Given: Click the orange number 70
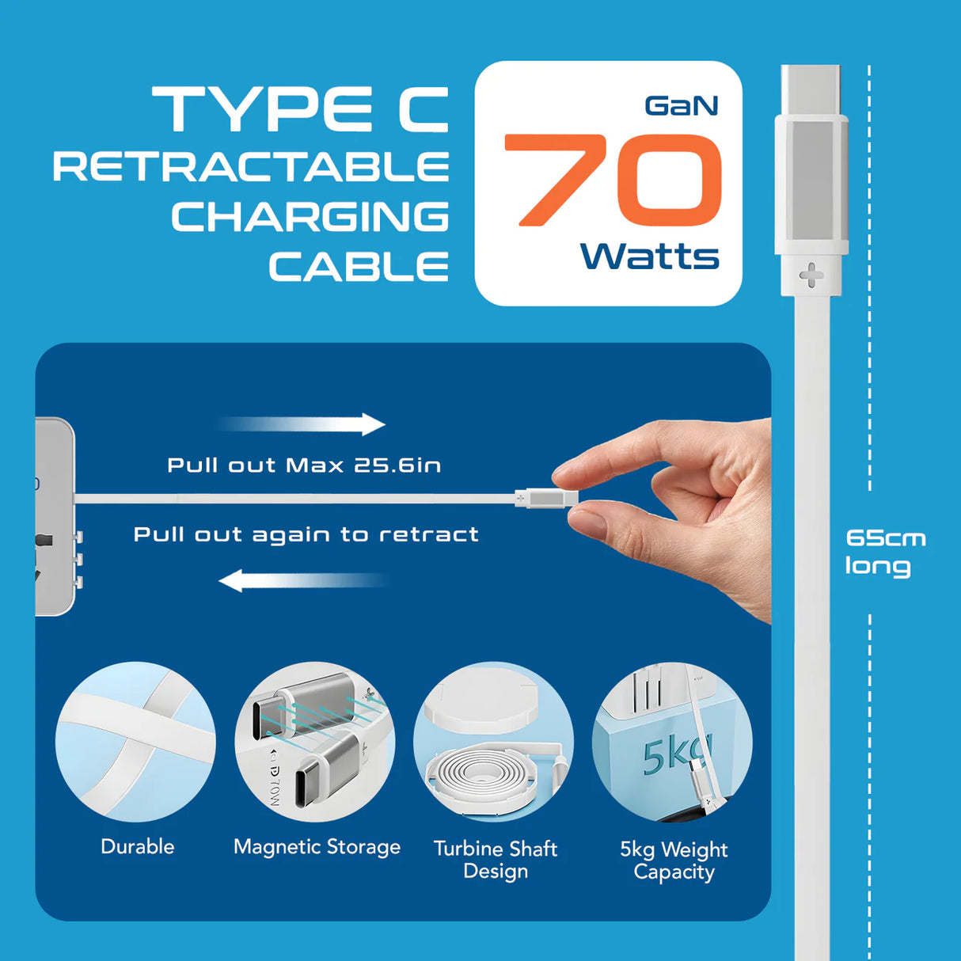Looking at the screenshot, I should pyautogui.click(x=613, y=180).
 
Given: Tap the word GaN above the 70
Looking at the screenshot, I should pyautogui.click(x=681, y=106).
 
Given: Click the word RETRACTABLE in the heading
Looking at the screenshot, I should pyautogui.click(x=251, y=167).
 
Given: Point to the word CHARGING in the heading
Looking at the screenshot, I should pyautogui.click(x=310, y=217).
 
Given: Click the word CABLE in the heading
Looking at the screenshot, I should pyautogui.click(x=359, y=267).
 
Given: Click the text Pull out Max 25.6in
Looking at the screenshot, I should pyautogui.click(x=304, y=465).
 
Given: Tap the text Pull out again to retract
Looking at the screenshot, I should pyautogui.click(x=306, y=534).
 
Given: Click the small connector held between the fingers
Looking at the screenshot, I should pyautogui.click(x=545, y=498).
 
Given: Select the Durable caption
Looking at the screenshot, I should pyautogui.click(x=138, y=846).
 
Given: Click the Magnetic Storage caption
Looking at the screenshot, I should pyautogui.click(x=317, y=847).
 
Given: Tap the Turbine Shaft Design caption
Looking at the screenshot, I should pyautogui.click(x=496, y=860).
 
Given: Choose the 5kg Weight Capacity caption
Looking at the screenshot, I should pyautogui.click(x=674, y=860).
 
